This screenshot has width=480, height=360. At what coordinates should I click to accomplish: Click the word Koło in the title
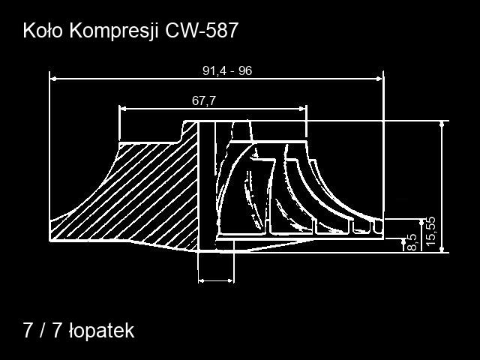[43, 31]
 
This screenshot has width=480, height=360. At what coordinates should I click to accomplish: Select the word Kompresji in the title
[115, 31]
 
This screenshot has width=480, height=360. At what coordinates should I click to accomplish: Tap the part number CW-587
[202, 31]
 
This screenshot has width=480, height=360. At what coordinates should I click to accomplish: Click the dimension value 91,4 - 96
[227, 71]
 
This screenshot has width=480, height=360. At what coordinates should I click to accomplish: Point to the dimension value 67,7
[204, 100]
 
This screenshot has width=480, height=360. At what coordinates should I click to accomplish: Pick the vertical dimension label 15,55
[430, 231]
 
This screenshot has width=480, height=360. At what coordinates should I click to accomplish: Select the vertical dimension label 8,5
[412, 242]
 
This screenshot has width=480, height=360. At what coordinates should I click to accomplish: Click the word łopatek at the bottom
[102, 331]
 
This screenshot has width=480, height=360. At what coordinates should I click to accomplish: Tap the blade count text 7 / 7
[42, 330]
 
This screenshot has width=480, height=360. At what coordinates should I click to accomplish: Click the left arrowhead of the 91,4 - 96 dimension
[53, 79]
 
